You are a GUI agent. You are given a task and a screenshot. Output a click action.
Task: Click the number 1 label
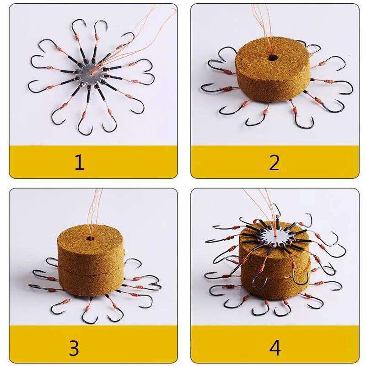(80, 162)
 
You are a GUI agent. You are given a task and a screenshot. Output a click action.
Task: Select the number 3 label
(74, 348)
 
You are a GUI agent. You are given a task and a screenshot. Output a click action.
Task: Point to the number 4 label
(274, 348)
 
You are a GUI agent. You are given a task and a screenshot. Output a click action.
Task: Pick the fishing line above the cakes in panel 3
(94, 210)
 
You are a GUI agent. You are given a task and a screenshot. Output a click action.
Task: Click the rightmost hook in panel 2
(348, 87)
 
